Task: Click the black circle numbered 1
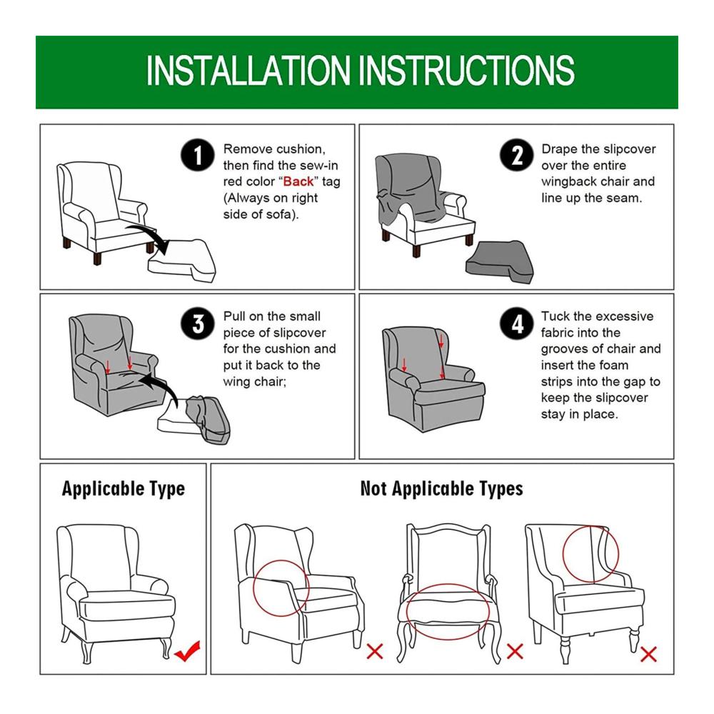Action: tap(197, 155)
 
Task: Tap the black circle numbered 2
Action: tap(516, 155)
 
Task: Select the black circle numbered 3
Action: tap(197, 323)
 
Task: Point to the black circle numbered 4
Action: tap(516, 323)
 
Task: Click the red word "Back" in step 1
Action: tap(298, 181)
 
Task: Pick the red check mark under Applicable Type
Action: tap(187, 650)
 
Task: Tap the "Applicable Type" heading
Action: tap(124, 489)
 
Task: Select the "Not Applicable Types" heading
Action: tap(442, 489)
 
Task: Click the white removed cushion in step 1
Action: tap(182, 260)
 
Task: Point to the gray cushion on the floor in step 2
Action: tap(500, 262)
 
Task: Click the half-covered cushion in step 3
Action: tap(194, 420)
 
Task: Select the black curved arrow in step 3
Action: tap(160, 386)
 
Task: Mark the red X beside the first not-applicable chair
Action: tap(375, 651)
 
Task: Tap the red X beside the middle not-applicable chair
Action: tap(515, 651)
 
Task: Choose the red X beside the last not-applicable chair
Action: tap(648, 654)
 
